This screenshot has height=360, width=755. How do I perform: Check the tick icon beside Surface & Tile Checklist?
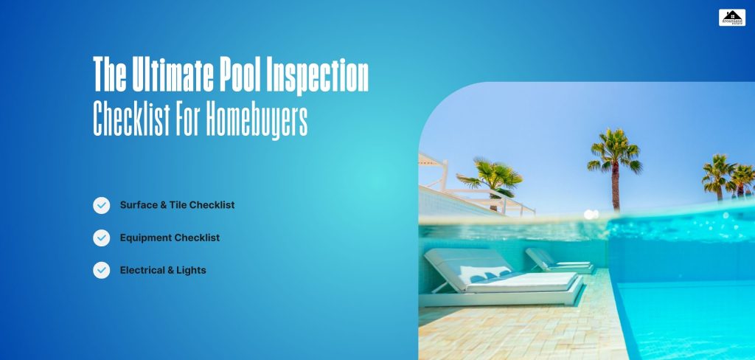(x=101, y=205)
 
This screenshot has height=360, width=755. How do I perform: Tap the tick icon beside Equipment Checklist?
(x=101, y=238)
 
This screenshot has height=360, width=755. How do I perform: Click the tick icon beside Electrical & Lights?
(x=101, y=270)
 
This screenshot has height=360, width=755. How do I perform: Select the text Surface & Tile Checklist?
(x=177, y=205)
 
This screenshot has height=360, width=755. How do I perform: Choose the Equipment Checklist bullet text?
(x=170, y=238)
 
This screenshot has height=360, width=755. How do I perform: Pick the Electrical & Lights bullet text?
(x=163, y=270)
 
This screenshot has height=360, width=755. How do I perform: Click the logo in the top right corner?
(x=731, y=17)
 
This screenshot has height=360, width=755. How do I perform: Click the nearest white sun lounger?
(x=501, y=277)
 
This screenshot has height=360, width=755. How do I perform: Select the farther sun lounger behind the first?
(x=557, y=260)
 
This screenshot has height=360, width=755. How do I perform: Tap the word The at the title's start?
(x=108, y=75)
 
